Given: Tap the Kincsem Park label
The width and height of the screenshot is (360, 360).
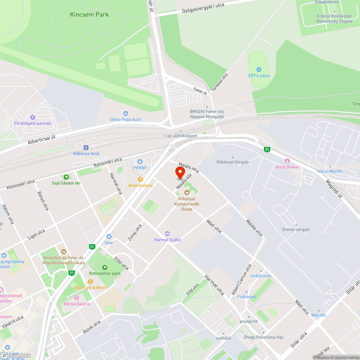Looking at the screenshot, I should (x=89, y=15).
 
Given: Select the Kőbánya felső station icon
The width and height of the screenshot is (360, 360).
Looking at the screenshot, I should (x=86, y=147).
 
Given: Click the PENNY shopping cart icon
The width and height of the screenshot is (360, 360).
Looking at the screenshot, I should (x=140, y=161).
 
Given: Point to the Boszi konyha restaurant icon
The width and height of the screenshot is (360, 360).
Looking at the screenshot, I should (x=140, y=179).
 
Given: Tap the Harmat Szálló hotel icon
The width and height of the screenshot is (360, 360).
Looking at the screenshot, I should (x=167, y=234).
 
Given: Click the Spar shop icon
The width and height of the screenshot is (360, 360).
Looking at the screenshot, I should (x=109, y=236).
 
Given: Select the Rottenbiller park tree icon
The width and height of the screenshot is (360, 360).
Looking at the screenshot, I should (x=104, y=267).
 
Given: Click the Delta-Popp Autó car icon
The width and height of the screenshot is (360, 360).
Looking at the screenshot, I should (x=125, y=113).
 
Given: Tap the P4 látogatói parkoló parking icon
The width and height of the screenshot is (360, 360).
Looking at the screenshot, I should (x=33, y=117).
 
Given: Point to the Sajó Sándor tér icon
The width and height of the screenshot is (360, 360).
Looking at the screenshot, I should (x=66, y=177).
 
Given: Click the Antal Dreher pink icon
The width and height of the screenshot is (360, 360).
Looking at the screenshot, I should (x=287, y=161).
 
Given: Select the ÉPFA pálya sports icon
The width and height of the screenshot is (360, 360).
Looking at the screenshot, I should (x=258, y=69).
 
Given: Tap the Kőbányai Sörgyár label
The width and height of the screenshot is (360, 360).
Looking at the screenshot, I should (x=233, y=162).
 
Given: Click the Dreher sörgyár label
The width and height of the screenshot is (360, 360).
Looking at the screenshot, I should (x=296, y=229).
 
